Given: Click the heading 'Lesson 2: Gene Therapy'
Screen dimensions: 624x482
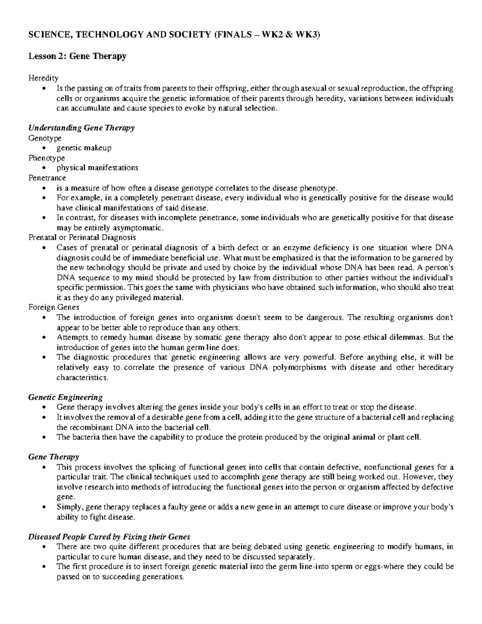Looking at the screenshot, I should (x=77, y=56).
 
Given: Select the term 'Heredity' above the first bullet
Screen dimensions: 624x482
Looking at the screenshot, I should (x=43, y=78).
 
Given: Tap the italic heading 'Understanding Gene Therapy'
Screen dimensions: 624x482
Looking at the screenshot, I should (x=81, y=128).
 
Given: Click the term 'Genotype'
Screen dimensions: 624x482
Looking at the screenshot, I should (x=45, y=138).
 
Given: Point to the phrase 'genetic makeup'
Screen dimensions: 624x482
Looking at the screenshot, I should (x=84, y=148).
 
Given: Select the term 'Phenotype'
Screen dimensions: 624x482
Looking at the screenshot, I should (x=47, y=158).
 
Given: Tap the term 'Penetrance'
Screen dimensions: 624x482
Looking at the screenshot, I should (x=47, y=178).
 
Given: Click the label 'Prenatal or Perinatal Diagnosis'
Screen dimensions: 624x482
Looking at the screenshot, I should (x=82, y=237).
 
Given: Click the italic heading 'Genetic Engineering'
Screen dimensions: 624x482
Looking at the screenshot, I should (x=65, y=397).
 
